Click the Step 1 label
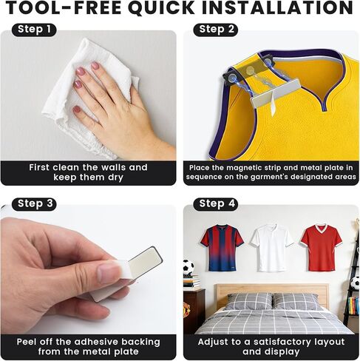pyautogui.click(x=34, y=30)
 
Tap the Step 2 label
pyautogui.click(x=216, y=30)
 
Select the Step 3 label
pyautogui.click(x=35, y=204)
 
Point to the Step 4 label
pyautogui.click(x=217, y=204)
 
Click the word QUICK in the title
pyautogui.click(x=162, y=7)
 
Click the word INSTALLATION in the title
pyautogui.click(x=278, y=7)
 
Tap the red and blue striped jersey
pyautogui.click(x=222, y=247)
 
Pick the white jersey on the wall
pyautogui.click(x=272, y=247)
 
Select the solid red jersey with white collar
pyautogui.click(x=322, y=247)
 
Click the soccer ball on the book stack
pyautogui.click(x=189, y=267)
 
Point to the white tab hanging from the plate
pyautogui.click(x=273, y=105)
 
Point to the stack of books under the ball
pyautogui.click(x=191, y=282)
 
